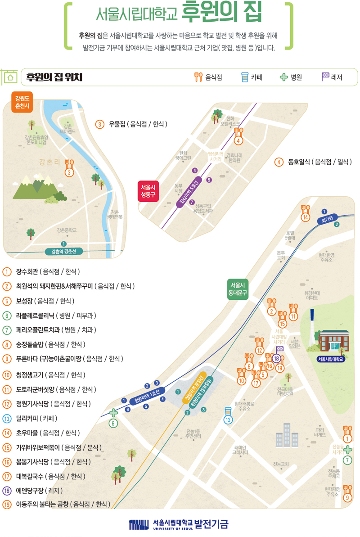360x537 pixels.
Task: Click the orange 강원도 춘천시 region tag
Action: pyautogui.click(x=22, y=102)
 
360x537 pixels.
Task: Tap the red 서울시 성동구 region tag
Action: pyautogui.click(x=148, y=191)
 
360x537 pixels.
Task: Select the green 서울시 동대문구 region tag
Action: pyautogui.click(x=237, y=289)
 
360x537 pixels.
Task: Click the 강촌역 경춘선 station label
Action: pyautogui.click(x=64, y=251)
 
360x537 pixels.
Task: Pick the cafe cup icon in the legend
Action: pyautogui.click(x=244, y=77)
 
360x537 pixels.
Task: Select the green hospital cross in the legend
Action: pyautogui.click(x=283, y=77)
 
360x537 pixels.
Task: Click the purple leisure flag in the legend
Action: pyautogui.click(x=325, y=77)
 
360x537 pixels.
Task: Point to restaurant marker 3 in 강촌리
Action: pyautogui.click(x=69, y=167)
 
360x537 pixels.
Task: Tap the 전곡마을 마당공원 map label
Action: pyautogui.click(x=285, y=391)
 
